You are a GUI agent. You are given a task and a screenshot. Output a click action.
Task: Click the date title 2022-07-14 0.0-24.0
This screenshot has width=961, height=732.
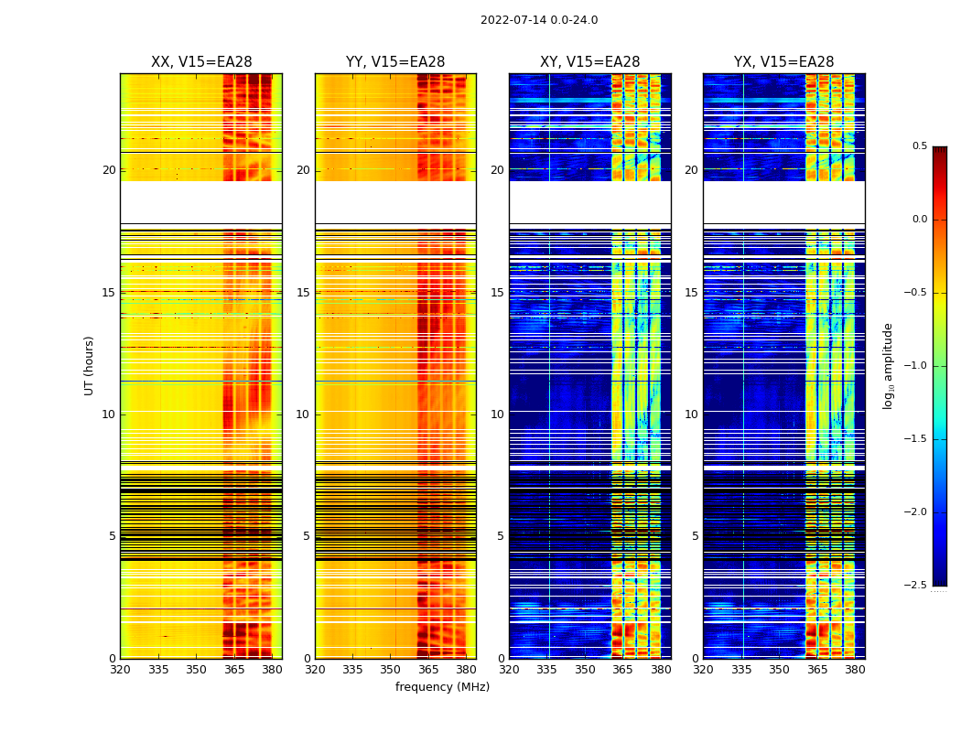click(539, 20)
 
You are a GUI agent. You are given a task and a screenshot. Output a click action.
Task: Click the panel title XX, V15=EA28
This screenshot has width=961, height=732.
click(201, 62)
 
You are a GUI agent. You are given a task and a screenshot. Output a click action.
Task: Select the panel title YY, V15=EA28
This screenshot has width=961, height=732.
click(395, 62)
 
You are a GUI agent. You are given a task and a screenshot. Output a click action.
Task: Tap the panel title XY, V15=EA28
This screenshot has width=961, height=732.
click(590, 62)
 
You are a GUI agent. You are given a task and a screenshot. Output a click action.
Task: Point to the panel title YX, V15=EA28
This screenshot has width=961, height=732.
click(784, 62)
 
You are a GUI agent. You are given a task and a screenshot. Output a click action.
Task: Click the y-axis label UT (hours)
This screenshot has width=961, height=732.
click(89, 365)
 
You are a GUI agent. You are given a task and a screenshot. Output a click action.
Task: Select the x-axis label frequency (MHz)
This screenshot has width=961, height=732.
click(442, 687)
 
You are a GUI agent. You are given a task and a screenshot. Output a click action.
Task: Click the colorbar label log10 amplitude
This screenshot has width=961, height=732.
click(888, 365)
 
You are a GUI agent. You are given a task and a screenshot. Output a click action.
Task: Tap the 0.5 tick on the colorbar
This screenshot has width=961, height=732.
click(919, 146)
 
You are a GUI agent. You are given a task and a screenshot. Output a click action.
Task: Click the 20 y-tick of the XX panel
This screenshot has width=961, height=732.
click(109, 170)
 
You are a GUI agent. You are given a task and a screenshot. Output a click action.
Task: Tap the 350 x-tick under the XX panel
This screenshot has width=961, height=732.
click(196, 670)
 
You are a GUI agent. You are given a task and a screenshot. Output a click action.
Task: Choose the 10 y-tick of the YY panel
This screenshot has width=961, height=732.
click(303, 414)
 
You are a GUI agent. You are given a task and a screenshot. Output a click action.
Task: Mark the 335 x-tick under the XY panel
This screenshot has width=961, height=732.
click(547, 670)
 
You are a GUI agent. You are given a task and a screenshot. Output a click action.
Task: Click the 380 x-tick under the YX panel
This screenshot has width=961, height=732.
click(855, 670)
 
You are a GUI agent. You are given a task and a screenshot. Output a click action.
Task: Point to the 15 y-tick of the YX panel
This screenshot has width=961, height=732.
click(691, 293)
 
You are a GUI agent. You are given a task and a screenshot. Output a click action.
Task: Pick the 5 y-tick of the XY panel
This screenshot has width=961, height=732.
click(501, 536)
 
